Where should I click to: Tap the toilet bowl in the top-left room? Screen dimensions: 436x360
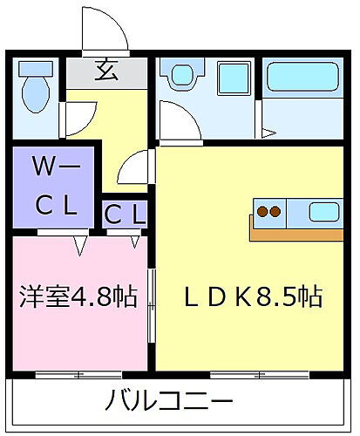(36, 90)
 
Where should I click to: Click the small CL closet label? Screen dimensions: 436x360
(125, 213)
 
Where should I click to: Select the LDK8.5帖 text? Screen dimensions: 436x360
(253, 296)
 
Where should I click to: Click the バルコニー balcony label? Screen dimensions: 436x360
(170, 401)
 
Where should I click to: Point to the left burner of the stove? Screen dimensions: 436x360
(263, 211)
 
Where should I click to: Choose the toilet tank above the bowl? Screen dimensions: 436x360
(36, 67)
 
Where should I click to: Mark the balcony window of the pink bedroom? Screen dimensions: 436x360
(78, 375)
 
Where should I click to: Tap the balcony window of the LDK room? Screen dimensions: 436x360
(253, 375)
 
